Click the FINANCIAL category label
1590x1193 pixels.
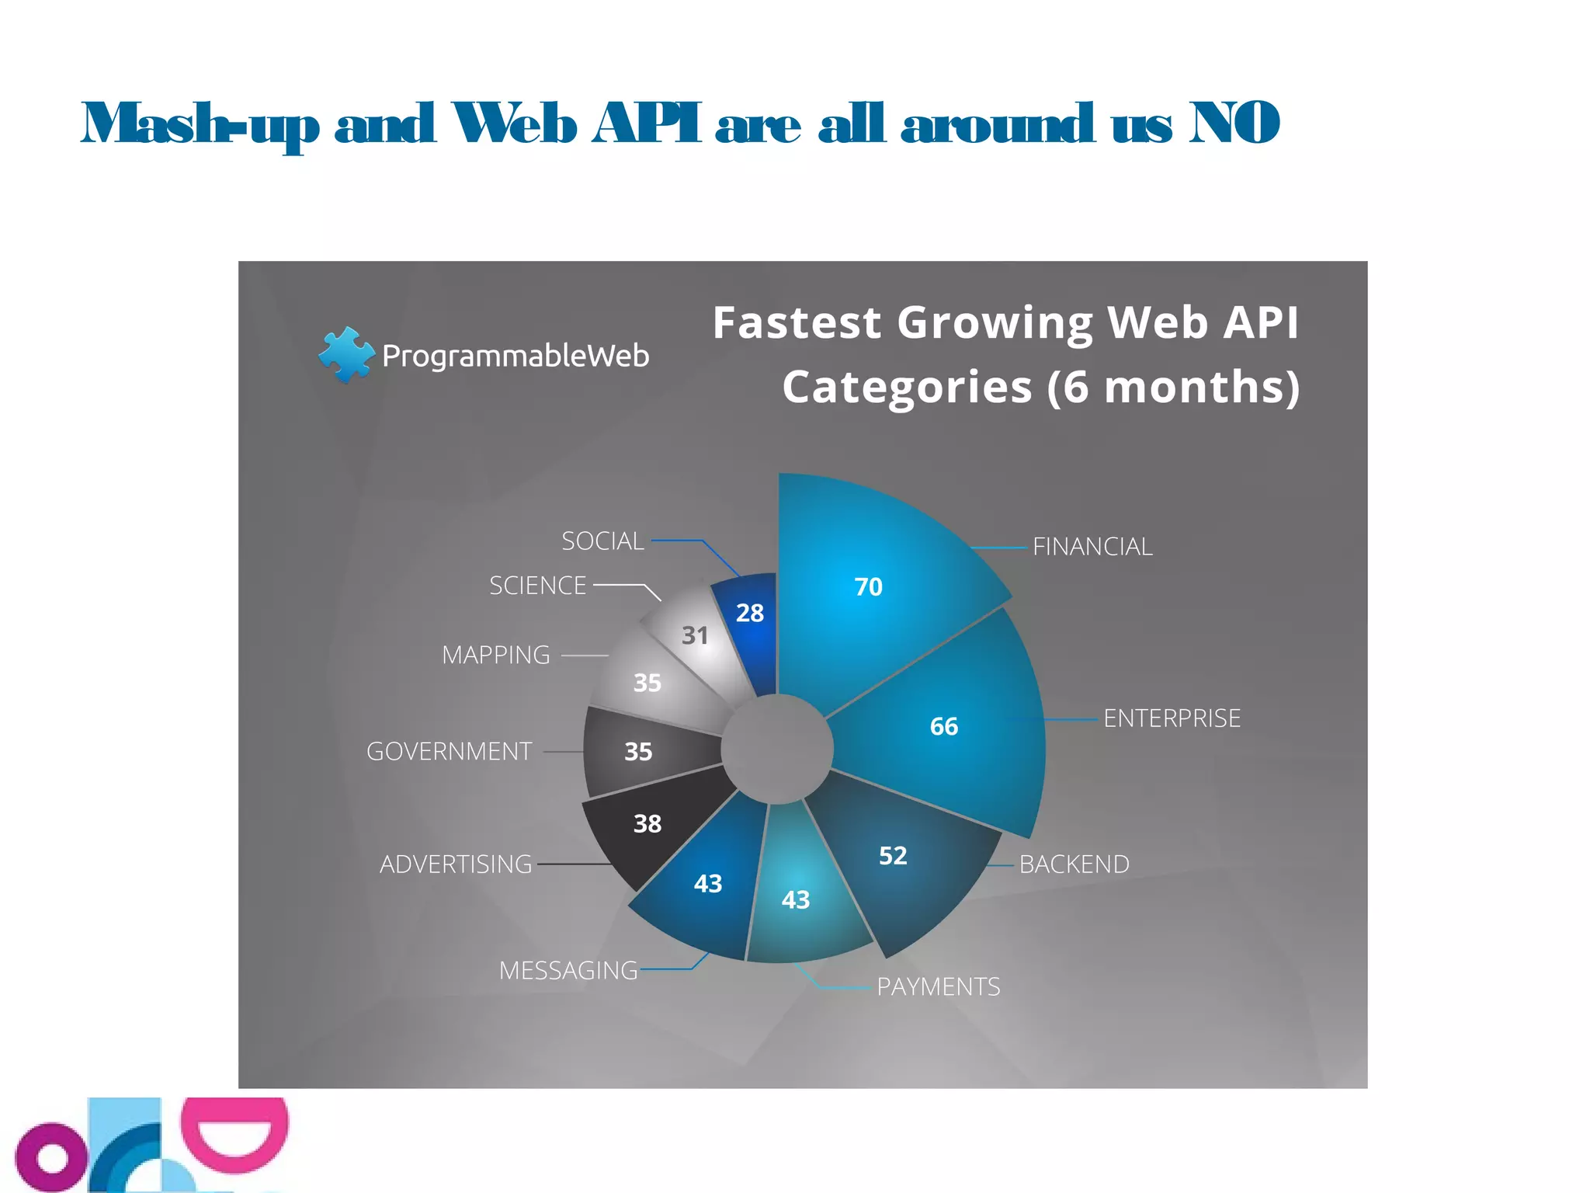tap(1092, 547)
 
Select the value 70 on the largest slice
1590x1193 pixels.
tap(868, 586)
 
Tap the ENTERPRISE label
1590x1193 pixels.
tap(1172, 718)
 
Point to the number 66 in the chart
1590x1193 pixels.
tap(943, 726)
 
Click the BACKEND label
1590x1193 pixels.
tap(1074, 864)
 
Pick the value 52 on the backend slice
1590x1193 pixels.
tap(892, 856)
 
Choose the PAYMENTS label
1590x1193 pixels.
tap(938, 987)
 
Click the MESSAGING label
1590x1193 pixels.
tap(568, 971)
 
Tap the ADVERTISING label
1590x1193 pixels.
tap(456, 864)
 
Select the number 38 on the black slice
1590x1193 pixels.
tap(647, 824)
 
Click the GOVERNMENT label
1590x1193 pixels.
tap(449, 752)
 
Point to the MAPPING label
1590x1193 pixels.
tap(495, 656)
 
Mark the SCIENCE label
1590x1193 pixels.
tap(537, 586)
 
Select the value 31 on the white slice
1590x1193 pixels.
tap(694, 636)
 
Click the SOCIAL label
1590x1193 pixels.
tap(602, 541)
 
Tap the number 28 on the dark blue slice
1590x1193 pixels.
tap(749, 614)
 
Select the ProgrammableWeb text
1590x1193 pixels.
tap(516, 357)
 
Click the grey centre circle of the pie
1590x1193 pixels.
tap(776, 749)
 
